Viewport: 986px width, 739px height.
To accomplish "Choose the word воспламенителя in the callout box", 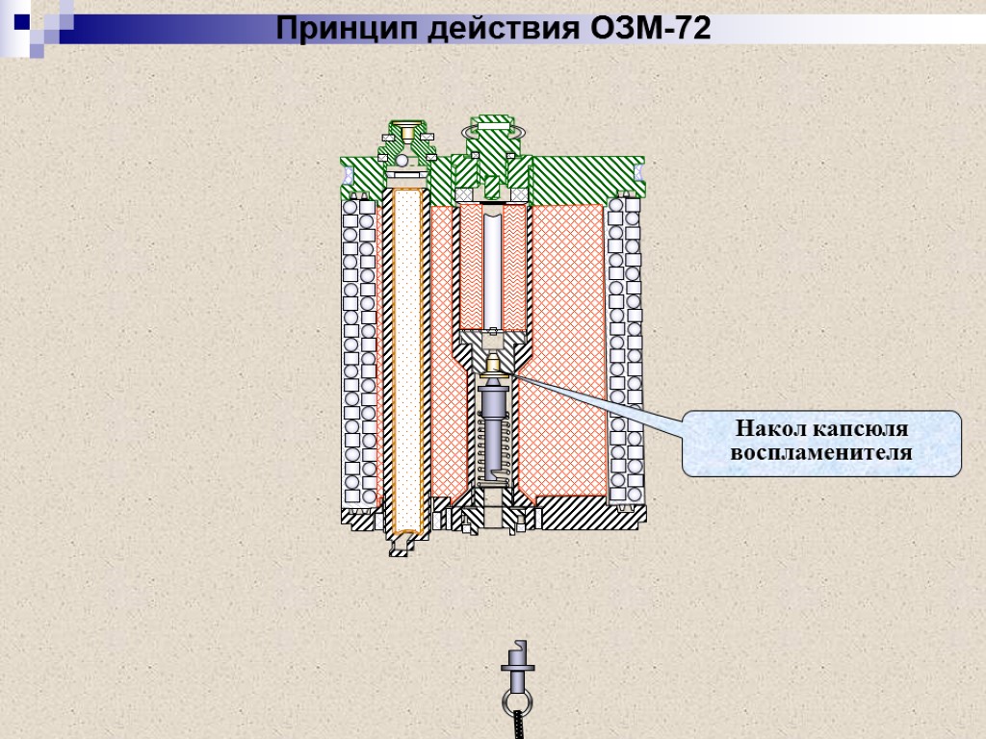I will click(821, 451).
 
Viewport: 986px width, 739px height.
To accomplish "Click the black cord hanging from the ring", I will click(518, 726).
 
